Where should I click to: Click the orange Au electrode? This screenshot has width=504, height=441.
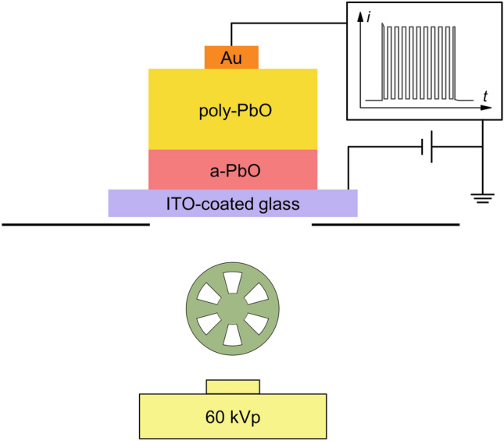click(231, 57)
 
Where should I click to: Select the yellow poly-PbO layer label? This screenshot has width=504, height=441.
click(232, 109)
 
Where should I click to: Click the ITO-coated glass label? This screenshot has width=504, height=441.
click(233, 204)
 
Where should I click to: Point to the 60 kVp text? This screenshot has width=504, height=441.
click(232, 414)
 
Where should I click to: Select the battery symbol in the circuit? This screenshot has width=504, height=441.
click(427, 146)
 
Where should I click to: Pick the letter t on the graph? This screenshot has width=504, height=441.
click(486, 95)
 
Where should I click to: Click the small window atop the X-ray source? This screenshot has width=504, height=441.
click(232, 386)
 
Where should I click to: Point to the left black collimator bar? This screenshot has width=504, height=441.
click(75, 224)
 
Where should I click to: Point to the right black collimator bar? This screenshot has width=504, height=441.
click(386, 224)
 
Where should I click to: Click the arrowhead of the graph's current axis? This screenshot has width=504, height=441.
click(362, 14)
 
